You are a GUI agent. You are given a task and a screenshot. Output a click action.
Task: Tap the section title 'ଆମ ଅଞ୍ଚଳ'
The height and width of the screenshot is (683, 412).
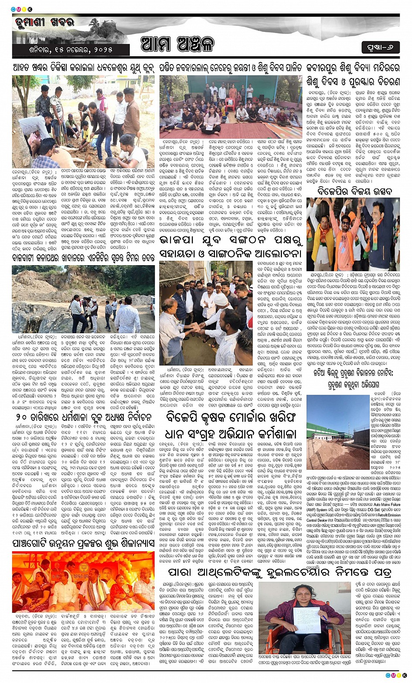tap(177, 44)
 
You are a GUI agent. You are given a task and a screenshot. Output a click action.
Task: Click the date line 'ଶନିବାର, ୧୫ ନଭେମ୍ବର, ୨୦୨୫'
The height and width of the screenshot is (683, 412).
tap(71, 49)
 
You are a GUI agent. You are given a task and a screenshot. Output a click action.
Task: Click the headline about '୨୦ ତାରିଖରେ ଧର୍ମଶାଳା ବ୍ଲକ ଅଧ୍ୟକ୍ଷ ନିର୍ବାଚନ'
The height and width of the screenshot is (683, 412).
tap(83, 416)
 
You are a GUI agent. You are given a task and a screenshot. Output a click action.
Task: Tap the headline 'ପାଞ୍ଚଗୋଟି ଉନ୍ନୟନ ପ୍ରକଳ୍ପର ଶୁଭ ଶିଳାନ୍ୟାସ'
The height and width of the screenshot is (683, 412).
tap(83, 543)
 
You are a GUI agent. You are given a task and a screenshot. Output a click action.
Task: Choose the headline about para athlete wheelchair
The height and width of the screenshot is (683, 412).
tap(279, 572)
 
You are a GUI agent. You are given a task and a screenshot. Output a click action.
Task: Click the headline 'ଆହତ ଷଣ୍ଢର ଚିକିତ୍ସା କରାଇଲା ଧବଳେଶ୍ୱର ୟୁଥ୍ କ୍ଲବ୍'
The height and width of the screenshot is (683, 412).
tap(83, 68)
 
